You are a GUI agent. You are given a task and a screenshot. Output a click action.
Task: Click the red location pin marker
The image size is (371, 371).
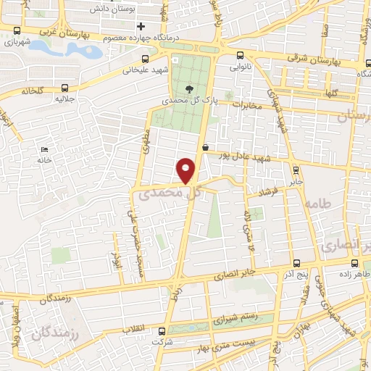[186, 170]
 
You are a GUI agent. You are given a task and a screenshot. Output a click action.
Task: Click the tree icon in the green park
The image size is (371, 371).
[190, 89]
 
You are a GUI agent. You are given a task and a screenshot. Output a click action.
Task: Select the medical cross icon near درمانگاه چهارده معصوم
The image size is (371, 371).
[140, 27]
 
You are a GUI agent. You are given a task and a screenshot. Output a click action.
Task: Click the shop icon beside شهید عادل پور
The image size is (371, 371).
[205, 147]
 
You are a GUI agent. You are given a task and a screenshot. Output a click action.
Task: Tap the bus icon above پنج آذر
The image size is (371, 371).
[296, 264]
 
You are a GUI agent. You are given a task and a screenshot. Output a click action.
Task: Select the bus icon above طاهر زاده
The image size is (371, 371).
[354, 264]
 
